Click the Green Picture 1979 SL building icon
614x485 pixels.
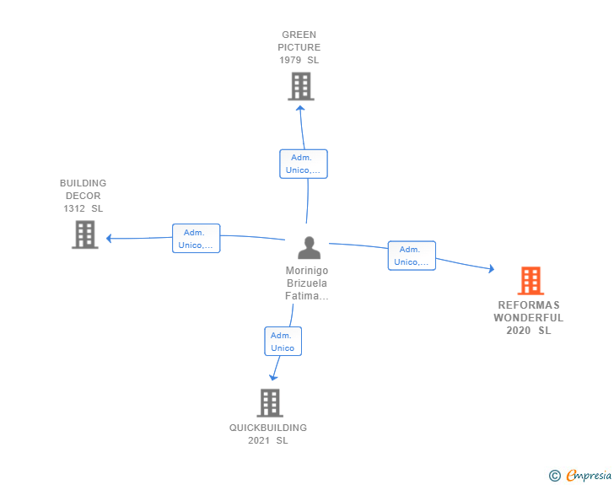click(301, 86)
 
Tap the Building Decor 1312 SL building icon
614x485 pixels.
click(85, 234)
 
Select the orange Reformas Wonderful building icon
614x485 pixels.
click(531, 281)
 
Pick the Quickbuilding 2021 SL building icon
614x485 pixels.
click(270, 403)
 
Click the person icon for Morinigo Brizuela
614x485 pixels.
click(310, 248)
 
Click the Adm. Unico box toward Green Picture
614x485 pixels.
click(304, 164)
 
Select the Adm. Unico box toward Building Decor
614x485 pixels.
click(197, 238)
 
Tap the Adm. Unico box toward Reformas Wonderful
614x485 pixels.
click(412, 256)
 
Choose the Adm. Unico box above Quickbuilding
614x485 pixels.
click(283, 342)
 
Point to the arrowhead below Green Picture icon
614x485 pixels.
click(300, 109)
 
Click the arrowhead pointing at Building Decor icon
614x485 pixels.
click(110, 238)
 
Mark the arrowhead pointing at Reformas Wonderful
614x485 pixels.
click(491, 268)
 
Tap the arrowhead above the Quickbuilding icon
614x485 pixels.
click(273, 377)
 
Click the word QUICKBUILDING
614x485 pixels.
click(268, 428)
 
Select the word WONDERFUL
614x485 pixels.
click(529, 317)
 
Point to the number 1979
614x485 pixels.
click(290, 60)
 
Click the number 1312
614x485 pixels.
click(74, 208)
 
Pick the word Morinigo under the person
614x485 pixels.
click(307, 270)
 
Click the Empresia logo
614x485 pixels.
click(589, 475)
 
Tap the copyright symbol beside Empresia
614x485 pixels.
click(555, 476)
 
